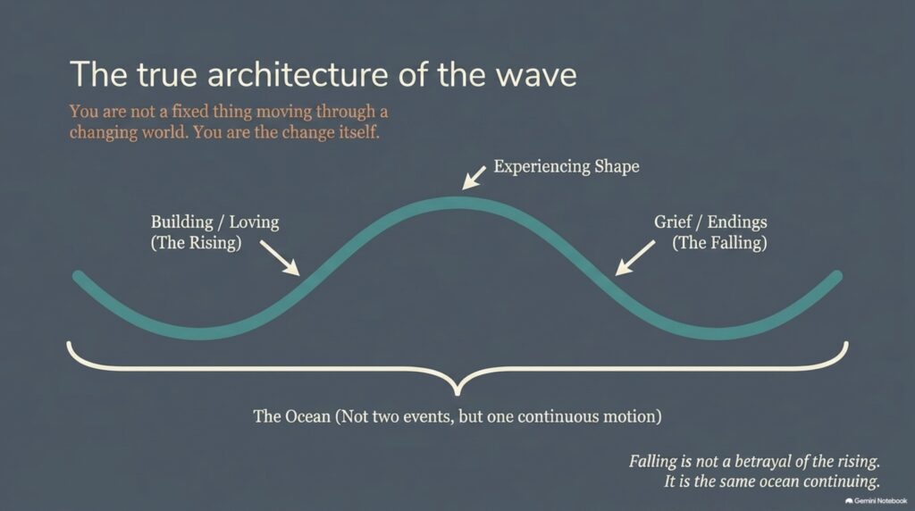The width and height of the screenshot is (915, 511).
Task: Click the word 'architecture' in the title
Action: pos(298,75)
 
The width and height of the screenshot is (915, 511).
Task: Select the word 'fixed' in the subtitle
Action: pos(189,111)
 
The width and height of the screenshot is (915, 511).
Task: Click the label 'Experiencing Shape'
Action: pos(566,166)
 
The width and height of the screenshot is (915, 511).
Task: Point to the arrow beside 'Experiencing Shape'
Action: pos(474,178)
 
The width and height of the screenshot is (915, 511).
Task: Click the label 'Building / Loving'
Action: pos(214,222)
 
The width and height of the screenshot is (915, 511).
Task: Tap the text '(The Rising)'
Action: pos(196,242)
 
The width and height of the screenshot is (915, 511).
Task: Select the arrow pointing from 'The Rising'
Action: pos(280,258)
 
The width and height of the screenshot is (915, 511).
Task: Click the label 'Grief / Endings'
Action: pos(710,222)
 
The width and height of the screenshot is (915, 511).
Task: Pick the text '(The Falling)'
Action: pos(719,242)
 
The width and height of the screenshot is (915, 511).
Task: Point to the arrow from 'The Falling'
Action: pos(635,258)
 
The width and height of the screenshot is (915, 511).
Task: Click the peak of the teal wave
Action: pos(457,203)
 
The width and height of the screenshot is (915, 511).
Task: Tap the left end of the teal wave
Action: pos(77,275)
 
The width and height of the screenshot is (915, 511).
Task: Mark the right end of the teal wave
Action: pos(837,275)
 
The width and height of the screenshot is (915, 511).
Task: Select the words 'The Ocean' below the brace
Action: pos(292,416)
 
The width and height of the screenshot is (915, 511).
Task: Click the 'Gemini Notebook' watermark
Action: pos(877,501)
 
